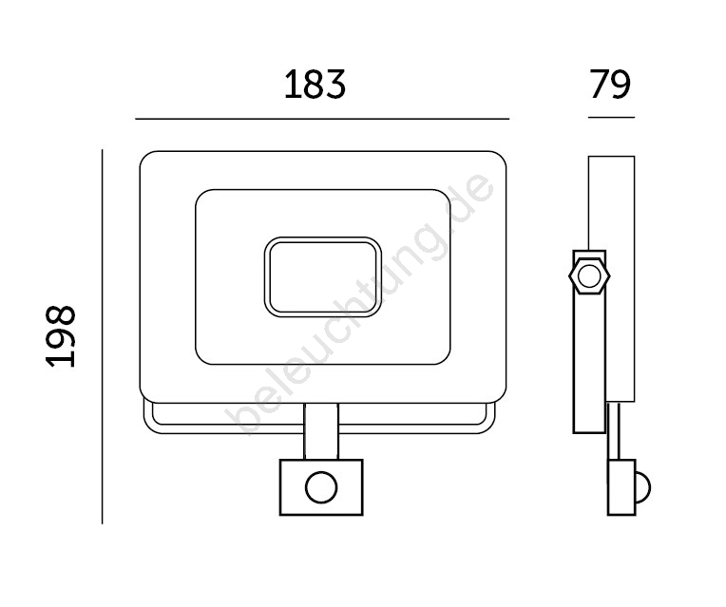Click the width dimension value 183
[x=315, y=85]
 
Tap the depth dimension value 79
[x=611, y=85]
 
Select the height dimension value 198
[x=61, y=336]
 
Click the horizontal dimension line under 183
[x=322, y=119]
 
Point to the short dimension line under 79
[x=611, y=117]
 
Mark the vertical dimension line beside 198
[x=102, y=336]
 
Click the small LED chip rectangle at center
[x=323, y=277]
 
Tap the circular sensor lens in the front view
[x=321, y=487]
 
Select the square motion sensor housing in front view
[x=321, y=487]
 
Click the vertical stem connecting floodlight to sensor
[x=321, y=431]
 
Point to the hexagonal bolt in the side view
[x=589, y=276]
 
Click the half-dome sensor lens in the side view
[x=643, y=487]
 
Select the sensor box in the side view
[x=621, y=487]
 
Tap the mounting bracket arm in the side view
[x=589, y=342]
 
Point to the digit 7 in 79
[x=600, y=85]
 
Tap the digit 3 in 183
[x=335, y=85]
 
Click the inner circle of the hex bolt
[x=589, y=276]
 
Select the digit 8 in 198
[x=61, y=315]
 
